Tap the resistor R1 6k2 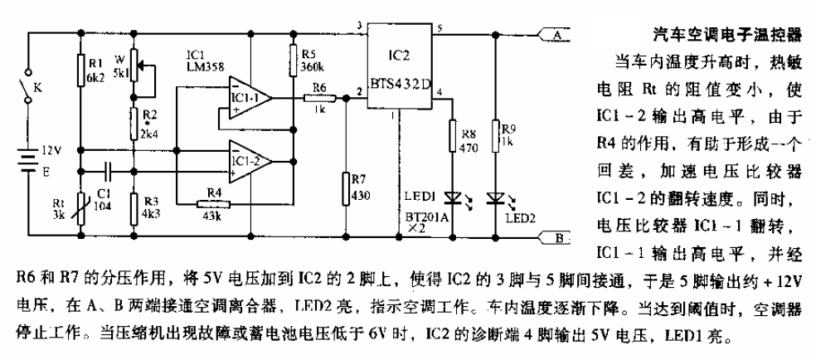pyautogui.click(x=80, y=69)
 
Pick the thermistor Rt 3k pyautogui.click(x=80, y=202)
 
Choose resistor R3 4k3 pyautogui.click(x=133, y=202)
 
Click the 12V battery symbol pyautogui.click(x=29, y=158)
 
